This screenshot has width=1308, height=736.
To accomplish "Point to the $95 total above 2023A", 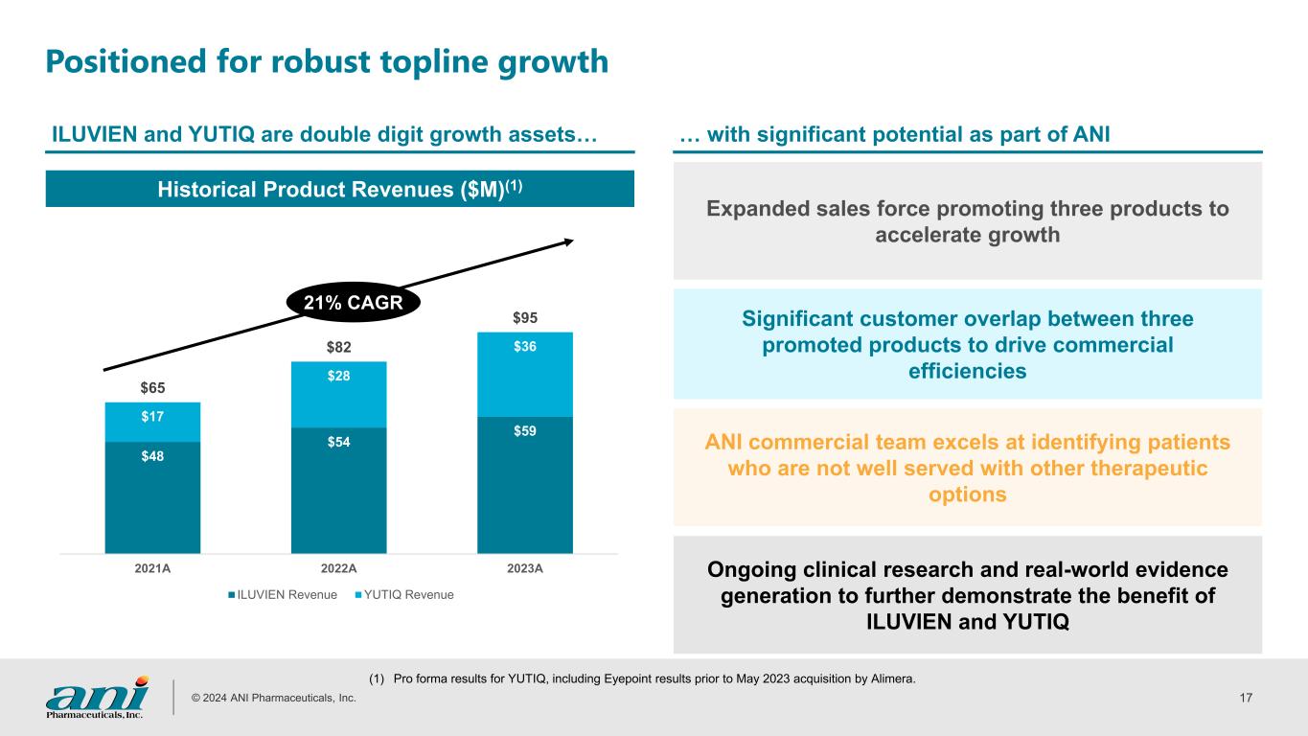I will click(x=524, y=316).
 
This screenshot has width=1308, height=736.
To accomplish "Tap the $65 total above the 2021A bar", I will click(x=152, y=387).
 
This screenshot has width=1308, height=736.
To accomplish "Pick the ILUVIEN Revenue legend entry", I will click(x=283, y=595).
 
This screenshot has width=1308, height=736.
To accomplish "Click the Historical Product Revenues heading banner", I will click(x=340, y=189).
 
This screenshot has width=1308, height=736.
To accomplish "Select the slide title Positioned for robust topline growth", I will click(x=327, y=61).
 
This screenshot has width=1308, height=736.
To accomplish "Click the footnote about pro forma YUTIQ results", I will click(x=642, y=679).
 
